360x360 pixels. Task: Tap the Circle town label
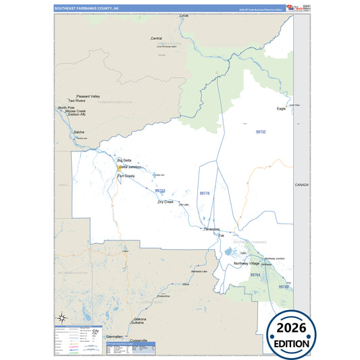click(x=184, y=15)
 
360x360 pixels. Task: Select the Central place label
click(x=156, y=38)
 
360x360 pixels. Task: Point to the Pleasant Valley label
click(x=88, y=96)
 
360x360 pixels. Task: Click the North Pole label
click(x=66, y=107)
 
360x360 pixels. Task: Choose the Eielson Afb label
click(x=77, y=114)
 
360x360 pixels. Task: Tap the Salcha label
click(x=79, y=132)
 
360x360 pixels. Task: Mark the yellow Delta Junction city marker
click(x=120, y=167)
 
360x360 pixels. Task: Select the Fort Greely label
click(x=126, y=176)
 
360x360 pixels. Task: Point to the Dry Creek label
click(x=165, y=202)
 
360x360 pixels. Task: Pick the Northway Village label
click(x=247, y=263)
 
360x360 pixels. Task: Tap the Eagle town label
click(x=281, y=108)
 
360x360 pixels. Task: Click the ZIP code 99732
click(x=261, y=132)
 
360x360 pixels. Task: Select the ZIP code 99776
click(x=205, y=194)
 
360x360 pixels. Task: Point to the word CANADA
click(x=301, y=185)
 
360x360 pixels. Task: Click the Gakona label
click(x=140, y=318)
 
